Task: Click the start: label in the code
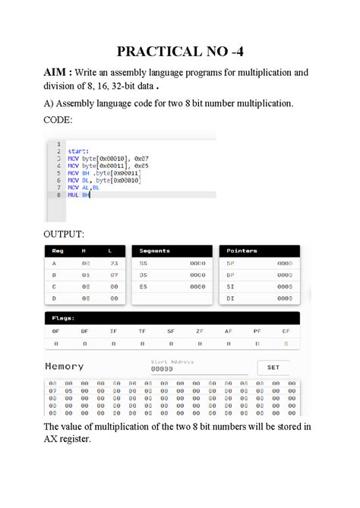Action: (x=77, y=151)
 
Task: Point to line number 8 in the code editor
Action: (x=58, y=194)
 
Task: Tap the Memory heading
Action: (x=65, y=366)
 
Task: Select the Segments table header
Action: (x=155, y=251)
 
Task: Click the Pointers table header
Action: (x=242, y=251)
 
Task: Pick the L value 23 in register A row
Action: (x=113, y=263)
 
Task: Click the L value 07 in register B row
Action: (x=113, y=275)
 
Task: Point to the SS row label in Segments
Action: (x=143, y=263)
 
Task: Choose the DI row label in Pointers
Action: (x=230, y=298)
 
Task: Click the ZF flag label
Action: (x=199, y=331)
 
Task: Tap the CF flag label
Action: (x=286, y=331)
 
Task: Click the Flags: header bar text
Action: (x=62, y=319)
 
